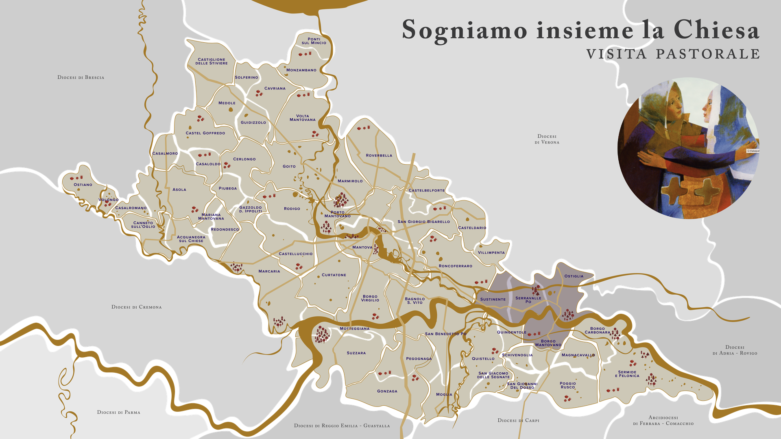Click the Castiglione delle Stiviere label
pyautogui.click(x=212, y=61)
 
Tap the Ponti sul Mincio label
pyautogui.click(x=314, y=41)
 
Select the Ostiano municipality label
pyautogui.click(x=83, y=185)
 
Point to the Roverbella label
pyautogui.click(x=379, y=155)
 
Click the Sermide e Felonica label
pyautogui.click(x=627, y=374)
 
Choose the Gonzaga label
pyautogui.click(x=387, y=391)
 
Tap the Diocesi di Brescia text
pyautogui.click(x=81, y=77)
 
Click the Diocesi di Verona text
pyautogui.click(x=547, y=139)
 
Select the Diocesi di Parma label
pyautogui.click(x=118, y=412)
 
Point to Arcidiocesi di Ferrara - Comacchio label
pyautogui.click(x=663, y=420)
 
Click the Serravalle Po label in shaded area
pyautogui.click(x=528, y=300)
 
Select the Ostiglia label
pyautogui.click(x=574, y=276)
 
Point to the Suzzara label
pyautogui.click(x=356, y=353)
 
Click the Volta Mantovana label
pyautogui.click(x=303, y=118)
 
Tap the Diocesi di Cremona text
pyautogui.click(x=136, y=307)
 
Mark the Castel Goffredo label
pyautogui.click(x=205, y=133)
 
